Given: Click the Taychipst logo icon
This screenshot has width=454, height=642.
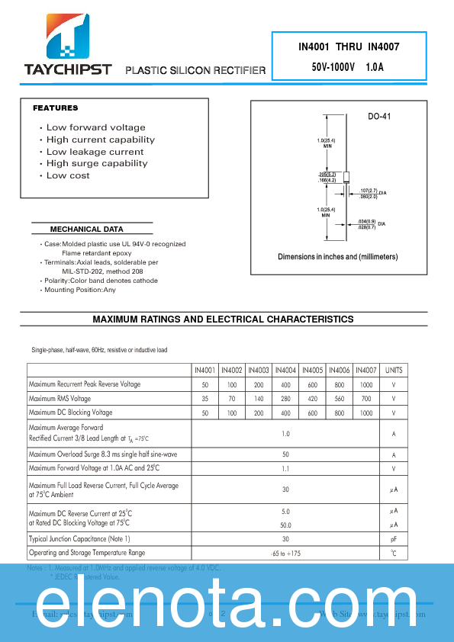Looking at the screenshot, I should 68,36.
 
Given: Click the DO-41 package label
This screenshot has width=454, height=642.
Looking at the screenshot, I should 379,117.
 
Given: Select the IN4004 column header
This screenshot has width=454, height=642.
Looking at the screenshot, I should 285,370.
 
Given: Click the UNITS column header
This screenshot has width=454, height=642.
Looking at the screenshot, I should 394,370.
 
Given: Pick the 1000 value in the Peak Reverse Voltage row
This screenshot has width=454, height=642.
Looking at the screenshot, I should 366,385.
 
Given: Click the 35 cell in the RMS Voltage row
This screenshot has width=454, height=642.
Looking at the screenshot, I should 204,399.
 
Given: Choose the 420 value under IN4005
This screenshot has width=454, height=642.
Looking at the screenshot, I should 312,399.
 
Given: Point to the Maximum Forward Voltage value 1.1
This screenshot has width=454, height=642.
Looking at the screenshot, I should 285,468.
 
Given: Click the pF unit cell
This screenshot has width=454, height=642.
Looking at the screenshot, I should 394,539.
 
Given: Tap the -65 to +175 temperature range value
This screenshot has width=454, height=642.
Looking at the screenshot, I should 285,553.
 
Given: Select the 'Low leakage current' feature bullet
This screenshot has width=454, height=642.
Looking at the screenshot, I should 95,152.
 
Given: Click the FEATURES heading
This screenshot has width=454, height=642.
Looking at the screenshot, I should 55,108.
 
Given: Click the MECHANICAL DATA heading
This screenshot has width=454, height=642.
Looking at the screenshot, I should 86,230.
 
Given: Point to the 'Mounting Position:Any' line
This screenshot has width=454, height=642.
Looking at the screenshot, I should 80,290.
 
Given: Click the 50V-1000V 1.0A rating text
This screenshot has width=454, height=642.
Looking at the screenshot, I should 348,67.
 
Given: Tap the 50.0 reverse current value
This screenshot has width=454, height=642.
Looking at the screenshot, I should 285,525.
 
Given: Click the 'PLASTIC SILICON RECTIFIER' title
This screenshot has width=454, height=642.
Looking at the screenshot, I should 195,70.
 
